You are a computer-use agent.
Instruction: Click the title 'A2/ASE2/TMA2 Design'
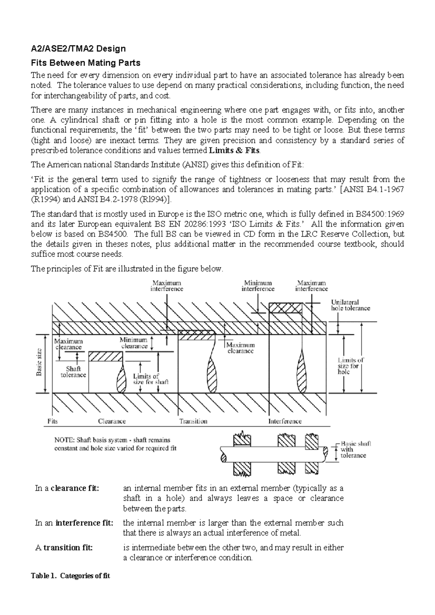coord(78,49)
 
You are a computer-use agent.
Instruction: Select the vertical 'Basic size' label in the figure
coord(40,362)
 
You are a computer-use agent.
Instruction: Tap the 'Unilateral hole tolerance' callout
coord(350,305)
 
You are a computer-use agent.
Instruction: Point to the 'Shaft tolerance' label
coord(73,372)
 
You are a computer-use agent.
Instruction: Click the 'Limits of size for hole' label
coord(350,366)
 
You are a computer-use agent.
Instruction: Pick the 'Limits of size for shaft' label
coord(150,379)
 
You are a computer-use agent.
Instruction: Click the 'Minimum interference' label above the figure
coord(258,286)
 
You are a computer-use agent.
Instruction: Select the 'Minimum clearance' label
coord(134,343)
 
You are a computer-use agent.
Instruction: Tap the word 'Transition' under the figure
coord(194,421)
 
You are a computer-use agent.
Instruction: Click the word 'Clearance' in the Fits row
coord(112,421)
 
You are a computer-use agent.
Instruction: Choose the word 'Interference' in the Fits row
coord(285,421)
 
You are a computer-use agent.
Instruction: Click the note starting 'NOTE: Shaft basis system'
coord(112,444)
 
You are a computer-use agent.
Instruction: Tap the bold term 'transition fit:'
coord(68,548)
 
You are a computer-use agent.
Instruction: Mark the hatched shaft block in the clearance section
coord(105,357)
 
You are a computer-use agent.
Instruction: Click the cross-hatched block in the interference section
coord(285,308)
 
